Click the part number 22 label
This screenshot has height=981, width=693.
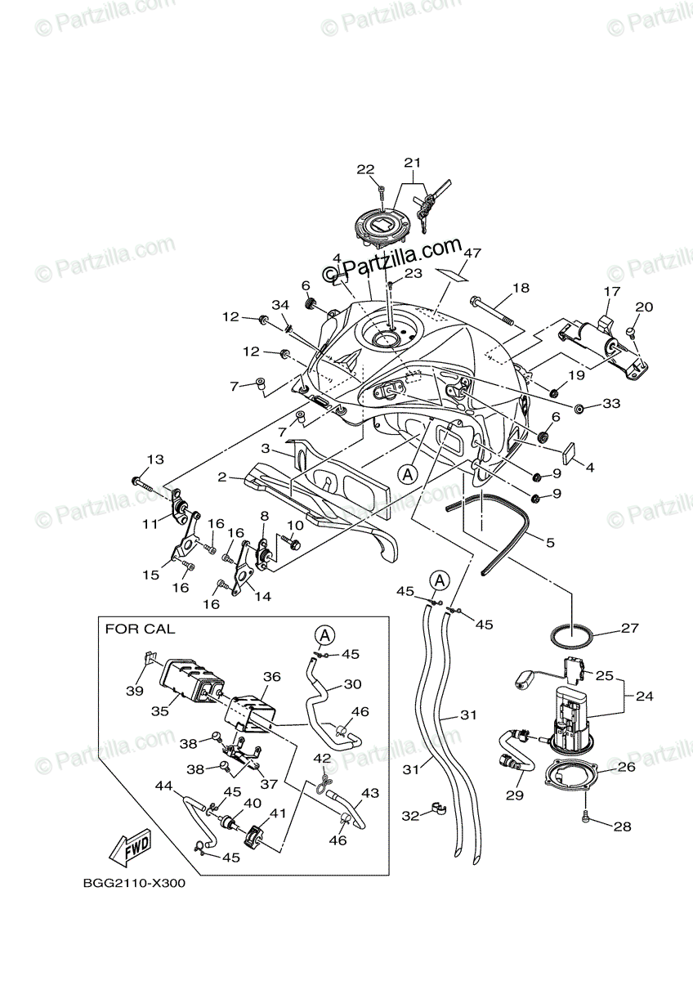364,169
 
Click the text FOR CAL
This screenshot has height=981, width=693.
140,629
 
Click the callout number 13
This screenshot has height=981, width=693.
155,459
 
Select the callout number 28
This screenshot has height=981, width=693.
622,826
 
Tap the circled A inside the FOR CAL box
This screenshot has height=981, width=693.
324,634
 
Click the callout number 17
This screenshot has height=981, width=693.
612,292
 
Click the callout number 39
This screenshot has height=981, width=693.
134,690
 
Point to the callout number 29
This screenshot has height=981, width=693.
514,795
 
